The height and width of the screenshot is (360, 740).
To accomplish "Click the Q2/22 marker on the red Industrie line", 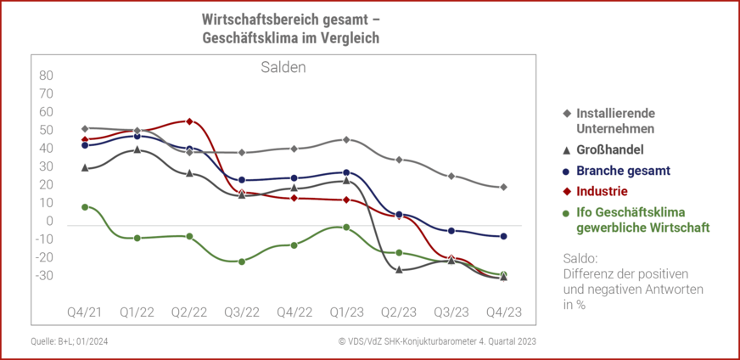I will (x=189, y=121).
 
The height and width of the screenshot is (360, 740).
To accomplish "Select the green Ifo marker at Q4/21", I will (x=85, y=206).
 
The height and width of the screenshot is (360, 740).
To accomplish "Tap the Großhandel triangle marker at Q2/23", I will (x=399, y=269).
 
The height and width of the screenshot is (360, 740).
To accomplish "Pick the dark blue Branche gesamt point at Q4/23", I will (x=503, y=236).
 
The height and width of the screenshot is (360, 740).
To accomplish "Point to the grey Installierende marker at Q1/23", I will (x=346, y=139).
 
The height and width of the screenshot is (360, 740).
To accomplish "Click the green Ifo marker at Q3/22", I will (x=242, y=262).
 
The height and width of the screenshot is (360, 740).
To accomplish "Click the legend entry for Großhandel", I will (x=610, y=149).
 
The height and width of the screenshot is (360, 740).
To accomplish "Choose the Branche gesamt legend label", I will (x=622, y=170).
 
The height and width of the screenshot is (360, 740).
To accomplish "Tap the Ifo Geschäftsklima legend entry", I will (x=642, y=220).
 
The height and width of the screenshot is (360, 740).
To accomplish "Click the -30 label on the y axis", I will (x=45, y=275).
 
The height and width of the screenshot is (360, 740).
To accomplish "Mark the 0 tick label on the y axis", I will (x=50, y=221).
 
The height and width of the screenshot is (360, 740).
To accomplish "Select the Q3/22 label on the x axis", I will (x=242, y=312).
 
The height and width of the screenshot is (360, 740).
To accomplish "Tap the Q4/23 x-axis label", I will (x=503, y=312).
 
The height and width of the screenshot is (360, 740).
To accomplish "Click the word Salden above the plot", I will (x=283, y=67).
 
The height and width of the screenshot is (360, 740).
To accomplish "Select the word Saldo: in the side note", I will (x=581, y=257).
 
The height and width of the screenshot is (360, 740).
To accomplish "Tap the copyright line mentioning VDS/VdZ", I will (x=436, y=341).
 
